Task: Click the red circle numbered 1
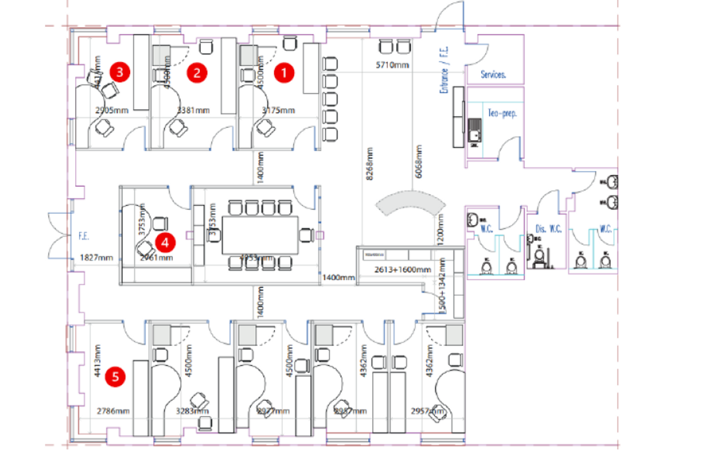[x=284, y=73]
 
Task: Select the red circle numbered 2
[x=197, y=73]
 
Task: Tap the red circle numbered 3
[x=120, y=71]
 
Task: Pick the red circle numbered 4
[x=165, y=243]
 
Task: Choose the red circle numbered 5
[x=115, y=376]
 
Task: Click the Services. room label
[x=493, y=75]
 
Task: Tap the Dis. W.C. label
[x=549, y=229]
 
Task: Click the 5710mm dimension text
[x=394, y=65]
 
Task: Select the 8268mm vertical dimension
[x=370, y=163]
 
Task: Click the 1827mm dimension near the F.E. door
[x=97, y=258]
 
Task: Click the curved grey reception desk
[x=410, y=205]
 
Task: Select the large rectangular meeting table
[x=260, y=234]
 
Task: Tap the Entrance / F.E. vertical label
[x=444, y=70]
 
